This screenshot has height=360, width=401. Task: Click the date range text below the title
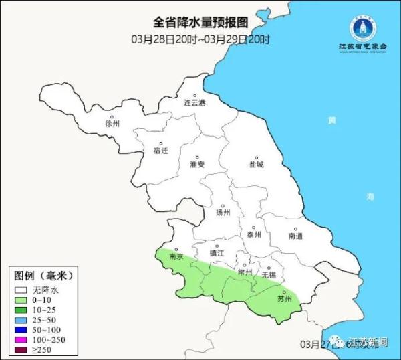point(200,39)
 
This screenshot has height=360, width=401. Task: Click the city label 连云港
point(195,102)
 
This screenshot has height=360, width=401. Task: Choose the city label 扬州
point(223,213)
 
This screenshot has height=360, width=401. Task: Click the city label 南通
point(295,236)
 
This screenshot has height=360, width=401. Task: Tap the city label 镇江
point(217,252)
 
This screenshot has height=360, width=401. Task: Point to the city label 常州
point(245,272)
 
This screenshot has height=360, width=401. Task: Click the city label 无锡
point(269,274)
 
